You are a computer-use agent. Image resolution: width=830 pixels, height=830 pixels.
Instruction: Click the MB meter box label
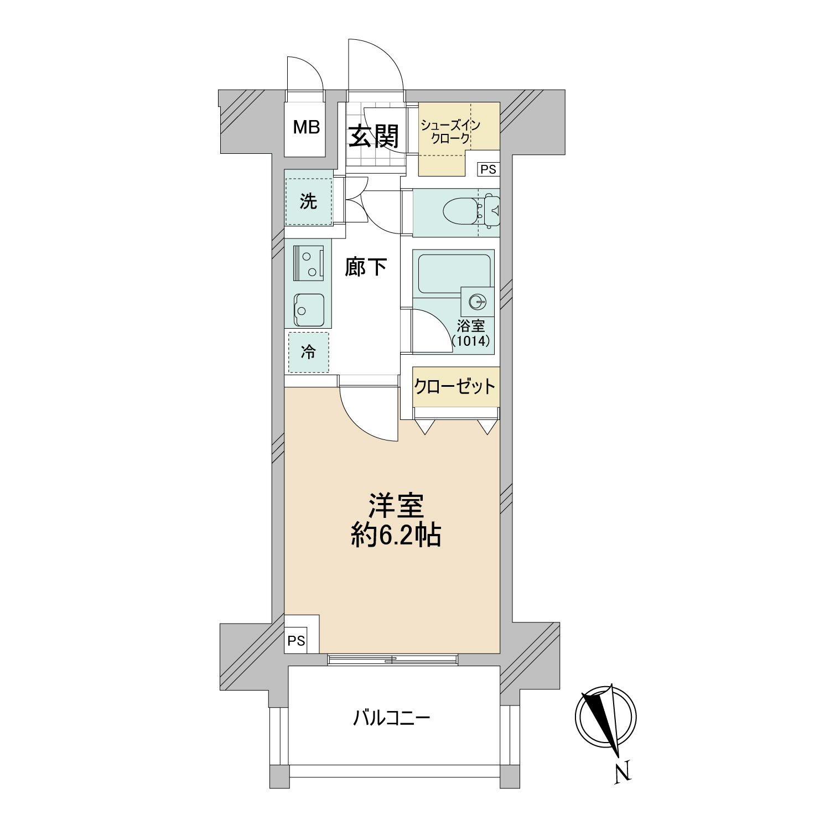click(307, 127)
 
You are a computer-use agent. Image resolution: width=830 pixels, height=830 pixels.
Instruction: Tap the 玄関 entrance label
click(374, 136)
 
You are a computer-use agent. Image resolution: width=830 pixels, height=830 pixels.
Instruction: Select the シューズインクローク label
click(450, 132)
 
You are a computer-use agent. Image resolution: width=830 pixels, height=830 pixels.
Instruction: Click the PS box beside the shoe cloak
click(488, 169)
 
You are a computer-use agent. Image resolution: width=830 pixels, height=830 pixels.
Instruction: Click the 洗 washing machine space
click(308, 201)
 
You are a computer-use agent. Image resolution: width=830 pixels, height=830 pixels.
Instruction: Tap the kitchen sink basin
click(309, 310)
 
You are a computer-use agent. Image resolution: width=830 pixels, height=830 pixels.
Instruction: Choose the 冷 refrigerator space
click(308, 352)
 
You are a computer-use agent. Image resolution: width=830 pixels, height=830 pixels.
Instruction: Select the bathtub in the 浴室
click(454, 273)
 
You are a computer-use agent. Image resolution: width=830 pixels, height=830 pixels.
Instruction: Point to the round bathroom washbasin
click(477, 302)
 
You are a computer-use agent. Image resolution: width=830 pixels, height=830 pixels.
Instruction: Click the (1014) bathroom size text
click(471, 341)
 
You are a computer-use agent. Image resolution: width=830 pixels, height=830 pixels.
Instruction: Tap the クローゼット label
click(455, 386)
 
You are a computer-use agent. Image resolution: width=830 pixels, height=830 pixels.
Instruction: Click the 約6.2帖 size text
click(396, 535)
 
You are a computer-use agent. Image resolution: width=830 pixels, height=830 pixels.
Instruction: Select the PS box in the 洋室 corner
click(296, 641)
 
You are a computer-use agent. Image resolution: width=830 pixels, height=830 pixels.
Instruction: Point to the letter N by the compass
click(623, 772)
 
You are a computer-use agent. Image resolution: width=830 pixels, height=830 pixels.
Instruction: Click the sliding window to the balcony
click(392, 660)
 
